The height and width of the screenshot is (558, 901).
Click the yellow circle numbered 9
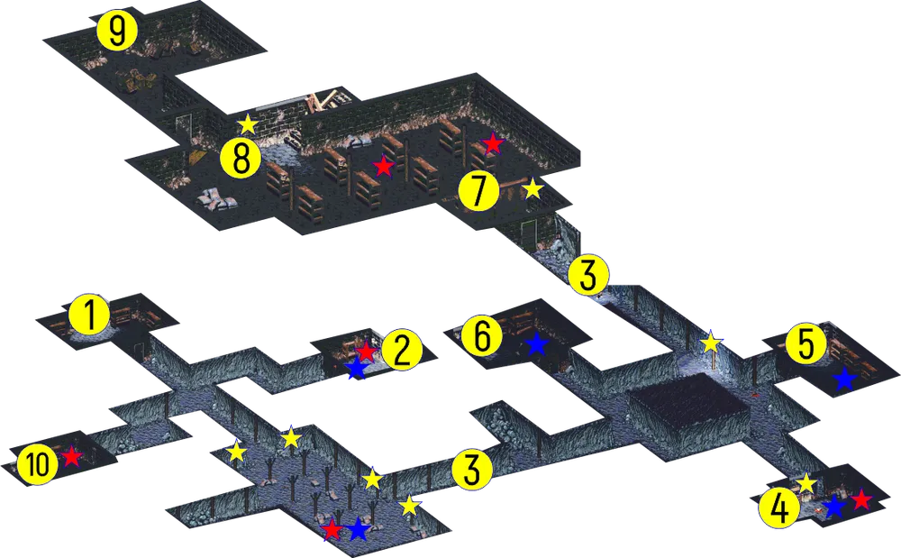pyautogui.click(x=116, y=32)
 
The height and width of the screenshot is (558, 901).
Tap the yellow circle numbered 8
pyautogui.click(x=241, y=159)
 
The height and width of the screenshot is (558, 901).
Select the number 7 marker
pyautogui.click(x=479, y=191)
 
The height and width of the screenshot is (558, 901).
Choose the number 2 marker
pyautogui.click(x=402, y=351)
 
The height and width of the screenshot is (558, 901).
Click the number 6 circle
pyautogui.click(x=483, y=336)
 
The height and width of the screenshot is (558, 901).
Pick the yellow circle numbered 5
pyautogui.click(x=806, y=344)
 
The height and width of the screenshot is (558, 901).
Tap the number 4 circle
pyautogui.click(x=779, y=509)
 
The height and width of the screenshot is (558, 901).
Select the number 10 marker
pyautogui.click(x=38, y=464)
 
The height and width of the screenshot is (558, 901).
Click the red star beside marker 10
pyautogui.click(x=71, y=456)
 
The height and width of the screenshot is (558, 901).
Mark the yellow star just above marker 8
pyautogui.click(x=247, y=124)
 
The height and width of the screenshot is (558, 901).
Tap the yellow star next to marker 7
pyautogui.click(x=533, y=188)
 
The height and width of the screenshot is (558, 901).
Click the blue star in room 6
pyautogui.click(x=536, y=343)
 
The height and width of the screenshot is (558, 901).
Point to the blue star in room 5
pyautogui.click(x=844, y=380)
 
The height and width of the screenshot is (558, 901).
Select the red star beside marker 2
pyautogui.click(x=366, y=351)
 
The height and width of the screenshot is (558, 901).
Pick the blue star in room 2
pyautogui.click(x=356, y=368)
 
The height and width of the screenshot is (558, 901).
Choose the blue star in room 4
pyautogui.click(x=833, y=507)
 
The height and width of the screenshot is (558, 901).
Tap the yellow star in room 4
pyautogui.click(x=806, y=482)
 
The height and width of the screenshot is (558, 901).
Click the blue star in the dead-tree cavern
pyautogui.click(x=358, y=528)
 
